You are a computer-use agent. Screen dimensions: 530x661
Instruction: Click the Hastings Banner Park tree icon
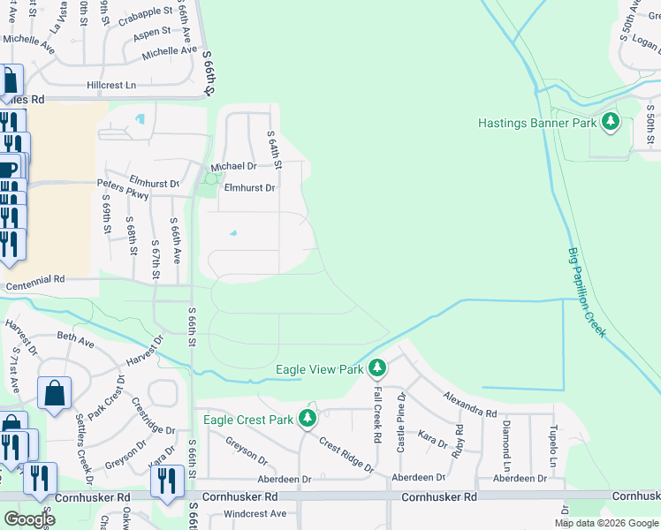[x=610, y=123]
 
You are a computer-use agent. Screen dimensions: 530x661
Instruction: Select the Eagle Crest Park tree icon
[x=308, y=418]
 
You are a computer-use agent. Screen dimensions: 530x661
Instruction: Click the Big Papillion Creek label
[x=585, y=291]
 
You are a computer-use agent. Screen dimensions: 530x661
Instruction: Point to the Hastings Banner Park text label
[x=537, y=124]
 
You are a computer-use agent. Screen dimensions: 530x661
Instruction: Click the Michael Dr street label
[x=233, y=166]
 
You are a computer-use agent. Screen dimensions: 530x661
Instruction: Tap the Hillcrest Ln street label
[x=111, y=86]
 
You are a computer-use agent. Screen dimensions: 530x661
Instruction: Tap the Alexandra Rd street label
[x=470, y=405]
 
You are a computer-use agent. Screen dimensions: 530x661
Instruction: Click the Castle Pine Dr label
[x=400, y=422]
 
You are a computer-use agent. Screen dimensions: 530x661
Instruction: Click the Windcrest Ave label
[x=255, y=513]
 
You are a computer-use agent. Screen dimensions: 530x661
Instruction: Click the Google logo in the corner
[x=29, y=519]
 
